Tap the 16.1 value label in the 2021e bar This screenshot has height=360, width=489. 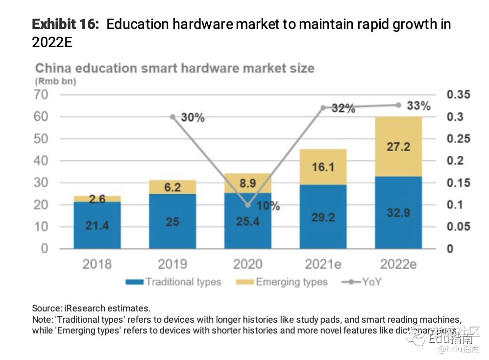coord(323,167)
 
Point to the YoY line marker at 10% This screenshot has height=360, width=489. coord(248,205)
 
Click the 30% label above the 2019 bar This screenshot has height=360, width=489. coord(193,118)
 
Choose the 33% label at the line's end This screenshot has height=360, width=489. coord(419,105)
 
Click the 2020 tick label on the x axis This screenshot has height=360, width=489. coord(248,265)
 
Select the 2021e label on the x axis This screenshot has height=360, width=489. coord(323,265)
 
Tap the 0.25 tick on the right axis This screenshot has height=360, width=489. coord(458,139)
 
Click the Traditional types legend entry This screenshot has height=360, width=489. coord(173,282)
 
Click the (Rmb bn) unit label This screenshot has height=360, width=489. coord(55,81)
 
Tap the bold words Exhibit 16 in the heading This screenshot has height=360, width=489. coord(65,24)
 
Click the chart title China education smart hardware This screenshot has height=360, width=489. coord(174,68)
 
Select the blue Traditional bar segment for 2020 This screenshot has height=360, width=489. coord(248,221)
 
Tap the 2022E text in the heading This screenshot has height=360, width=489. coord(52,42)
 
